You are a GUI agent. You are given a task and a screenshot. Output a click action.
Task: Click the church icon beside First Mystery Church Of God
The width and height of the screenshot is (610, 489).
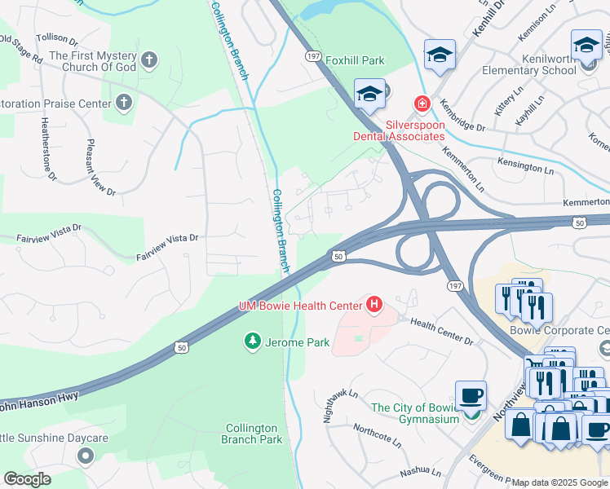[148, 59]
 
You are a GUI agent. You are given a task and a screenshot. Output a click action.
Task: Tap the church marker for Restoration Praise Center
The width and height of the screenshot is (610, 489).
[123, 103]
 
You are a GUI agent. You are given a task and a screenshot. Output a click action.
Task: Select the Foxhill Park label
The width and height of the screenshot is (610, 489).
[354, 60]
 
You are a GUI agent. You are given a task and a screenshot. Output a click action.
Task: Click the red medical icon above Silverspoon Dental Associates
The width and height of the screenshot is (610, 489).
[422, 104]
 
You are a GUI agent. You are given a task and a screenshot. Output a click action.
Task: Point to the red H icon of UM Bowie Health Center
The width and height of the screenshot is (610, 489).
[374, 305]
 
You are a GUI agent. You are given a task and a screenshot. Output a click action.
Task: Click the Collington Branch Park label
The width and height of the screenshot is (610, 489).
[252, 434]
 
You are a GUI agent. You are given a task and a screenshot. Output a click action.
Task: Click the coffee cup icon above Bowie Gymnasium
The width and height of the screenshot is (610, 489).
[471, 396]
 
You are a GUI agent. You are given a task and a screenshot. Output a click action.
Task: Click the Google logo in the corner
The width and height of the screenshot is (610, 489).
[28, 479]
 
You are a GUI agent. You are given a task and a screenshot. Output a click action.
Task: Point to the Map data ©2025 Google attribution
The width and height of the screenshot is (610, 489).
[559, 482]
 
